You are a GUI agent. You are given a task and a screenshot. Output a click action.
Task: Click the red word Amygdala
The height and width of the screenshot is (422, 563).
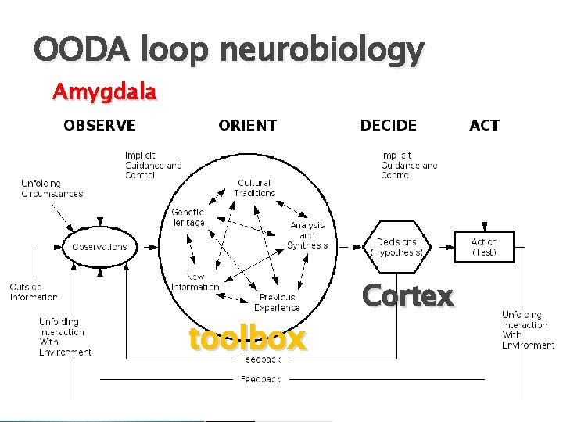point(104,92)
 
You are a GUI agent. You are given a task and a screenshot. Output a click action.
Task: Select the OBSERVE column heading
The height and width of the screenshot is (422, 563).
point(99,125)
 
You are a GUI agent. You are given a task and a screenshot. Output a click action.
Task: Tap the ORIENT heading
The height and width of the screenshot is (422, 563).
point(247,125)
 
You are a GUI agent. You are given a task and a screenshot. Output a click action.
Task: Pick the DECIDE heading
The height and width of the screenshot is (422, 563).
point(389,125)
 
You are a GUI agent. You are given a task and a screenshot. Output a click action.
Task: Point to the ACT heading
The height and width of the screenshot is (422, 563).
point(484,125)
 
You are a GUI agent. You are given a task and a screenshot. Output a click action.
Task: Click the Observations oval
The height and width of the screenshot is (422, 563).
point(99,247)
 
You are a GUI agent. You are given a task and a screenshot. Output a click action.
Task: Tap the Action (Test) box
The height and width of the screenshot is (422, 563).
point(483,247)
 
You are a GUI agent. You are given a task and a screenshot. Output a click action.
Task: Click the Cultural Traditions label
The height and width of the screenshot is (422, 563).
point(256,188)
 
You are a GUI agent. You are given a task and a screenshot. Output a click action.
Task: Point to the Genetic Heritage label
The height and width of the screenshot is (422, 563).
point(188,217)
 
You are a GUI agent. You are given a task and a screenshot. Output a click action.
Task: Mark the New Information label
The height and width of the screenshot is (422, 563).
point(195,282)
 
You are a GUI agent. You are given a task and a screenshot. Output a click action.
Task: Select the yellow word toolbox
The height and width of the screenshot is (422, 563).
point(247,338)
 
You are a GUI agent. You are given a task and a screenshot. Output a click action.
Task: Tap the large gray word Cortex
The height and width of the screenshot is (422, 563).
point(407,296)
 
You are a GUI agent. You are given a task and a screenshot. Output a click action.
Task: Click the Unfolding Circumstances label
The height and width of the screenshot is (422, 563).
point(52,188)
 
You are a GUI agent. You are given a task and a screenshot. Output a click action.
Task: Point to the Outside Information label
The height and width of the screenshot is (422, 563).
point(34,291)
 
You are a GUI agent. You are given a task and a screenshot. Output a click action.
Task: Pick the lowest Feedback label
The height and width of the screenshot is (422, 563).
point(261,379)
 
